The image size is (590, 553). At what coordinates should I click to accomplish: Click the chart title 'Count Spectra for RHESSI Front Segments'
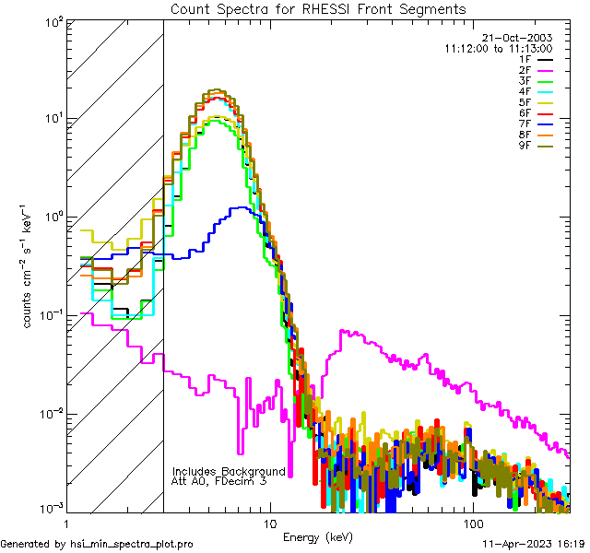[x=318, y=9]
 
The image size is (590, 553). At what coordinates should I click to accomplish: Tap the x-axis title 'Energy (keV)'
[x=317, y=536]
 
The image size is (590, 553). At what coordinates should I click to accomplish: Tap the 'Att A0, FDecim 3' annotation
[x=219, y=481]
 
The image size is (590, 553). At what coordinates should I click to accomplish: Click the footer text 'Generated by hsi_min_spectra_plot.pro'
[x=97, y=545]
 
